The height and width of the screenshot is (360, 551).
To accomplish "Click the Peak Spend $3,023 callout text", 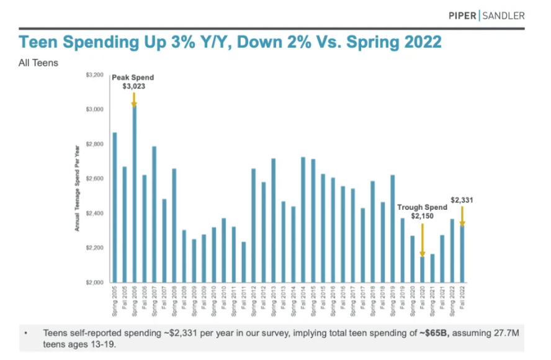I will pyautogui.click(x=133, y=82).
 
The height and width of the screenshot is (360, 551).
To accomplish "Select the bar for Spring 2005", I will pyautogui.click(x=115, y=208).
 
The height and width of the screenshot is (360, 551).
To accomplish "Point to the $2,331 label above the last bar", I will pyautogui.click(x=461, y=200).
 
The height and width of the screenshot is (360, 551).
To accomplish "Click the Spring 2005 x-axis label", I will pyautogui.click(x=115, y=300).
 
